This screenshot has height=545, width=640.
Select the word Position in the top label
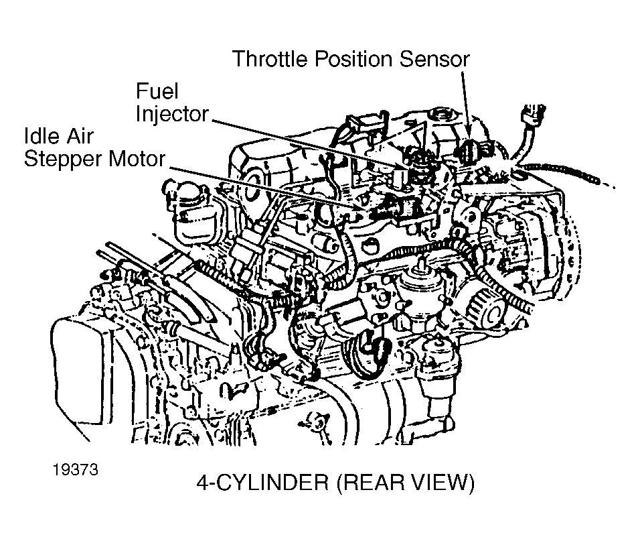(x=353, y=59)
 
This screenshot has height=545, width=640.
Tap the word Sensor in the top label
(x=434, y=59)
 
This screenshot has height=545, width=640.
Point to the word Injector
(x=172, y=114)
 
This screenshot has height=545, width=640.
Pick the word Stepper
(x=62, y=160)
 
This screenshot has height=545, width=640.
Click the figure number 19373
(x=76, y=469)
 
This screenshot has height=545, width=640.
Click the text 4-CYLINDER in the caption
(x=262, y=483)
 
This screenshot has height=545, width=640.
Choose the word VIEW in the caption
(x=444, y=483)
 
